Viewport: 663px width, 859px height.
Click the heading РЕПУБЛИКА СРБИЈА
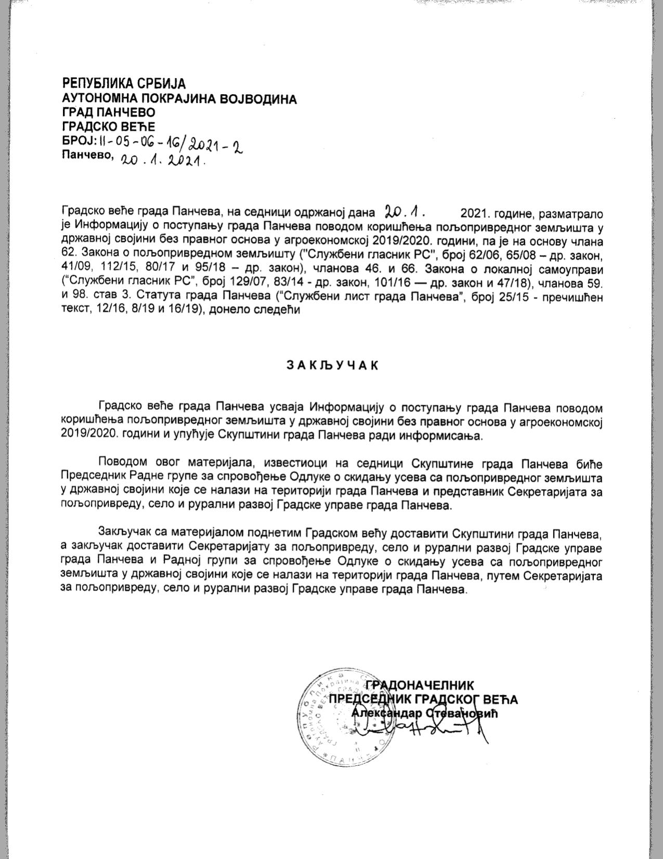(x=124, y=83)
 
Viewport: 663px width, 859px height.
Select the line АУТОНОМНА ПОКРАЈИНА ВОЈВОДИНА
(x=179, y=98)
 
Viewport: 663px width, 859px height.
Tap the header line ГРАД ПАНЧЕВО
(x=109, y=112)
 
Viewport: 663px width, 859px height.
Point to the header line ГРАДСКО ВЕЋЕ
(x=109, y=126)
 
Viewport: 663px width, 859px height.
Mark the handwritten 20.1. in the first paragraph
(x=405, y=211)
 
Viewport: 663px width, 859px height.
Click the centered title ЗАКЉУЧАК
(x=332, y=365)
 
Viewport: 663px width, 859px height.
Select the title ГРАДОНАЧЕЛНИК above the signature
(x=420, y=685)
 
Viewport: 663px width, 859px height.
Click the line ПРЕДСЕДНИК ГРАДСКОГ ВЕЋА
(x=424, y=699)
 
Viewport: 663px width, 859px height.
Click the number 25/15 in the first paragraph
(x=525, y=298)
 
